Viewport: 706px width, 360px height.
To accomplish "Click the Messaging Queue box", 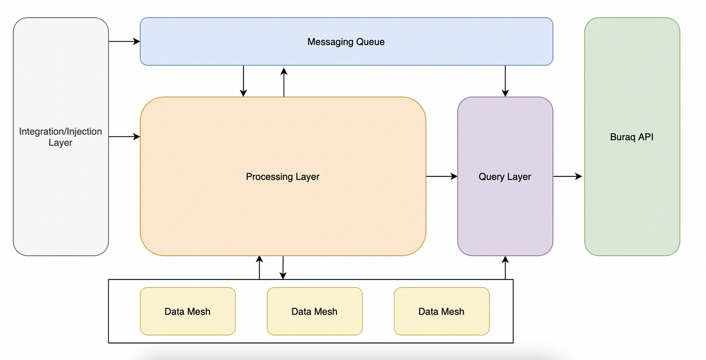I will [x=346, y=41].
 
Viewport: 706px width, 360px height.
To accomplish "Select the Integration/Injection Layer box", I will [x=61, y=136].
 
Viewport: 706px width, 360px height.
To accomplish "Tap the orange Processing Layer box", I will [x=282, y=176].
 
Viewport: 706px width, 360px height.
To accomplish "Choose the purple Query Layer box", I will [x=505, y=176].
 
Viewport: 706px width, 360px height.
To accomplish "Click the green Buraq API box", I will [x=632, y=136].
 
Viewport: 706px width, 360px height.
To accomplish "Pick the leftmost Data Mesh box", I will [x=187, y=311].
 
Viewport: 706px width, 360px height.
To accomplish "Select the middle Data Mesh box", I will [x=314, y=311].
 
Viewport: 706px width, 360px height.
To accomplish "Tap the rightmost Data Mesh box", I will [x=441, y=311].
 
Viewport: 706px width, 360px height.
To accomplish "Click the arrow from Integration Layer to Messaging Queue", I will [x=124, y=41].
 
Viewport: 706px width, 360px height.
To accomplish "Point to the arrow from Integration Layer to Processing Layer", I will [x=124, y=137].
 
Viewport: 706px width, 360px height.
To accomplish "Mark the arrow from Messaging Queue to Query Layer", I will [x=505, y=81].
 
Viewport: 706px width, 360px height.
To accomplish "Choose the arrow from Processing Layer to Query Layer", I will [x=441, y=176].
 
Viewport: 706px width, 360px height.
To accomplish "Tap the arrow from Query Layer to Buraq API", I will [x=568, y=176].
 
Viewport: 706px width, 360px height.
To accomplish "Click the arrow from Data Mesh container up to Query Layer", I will [x=505, y=268].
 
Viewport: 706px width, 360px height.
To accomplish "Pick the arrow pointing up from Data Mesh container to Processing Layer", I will [x=259, y=268].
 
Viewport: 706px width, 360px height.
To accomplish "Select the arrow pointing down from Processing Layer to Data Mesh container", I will [x=283, y=268].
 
